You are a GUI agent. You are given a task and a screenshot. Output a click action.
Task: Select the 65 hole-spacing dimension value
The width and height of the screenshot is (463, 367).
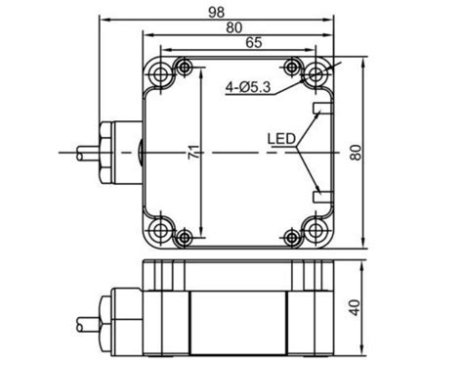252,42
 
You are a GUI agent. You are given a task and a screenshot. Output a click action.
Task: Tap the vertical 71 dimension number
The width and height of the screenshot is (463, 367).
194,152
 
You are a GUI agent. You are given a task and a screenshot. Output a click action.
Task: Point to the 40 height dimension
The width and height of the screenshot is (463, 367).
355,305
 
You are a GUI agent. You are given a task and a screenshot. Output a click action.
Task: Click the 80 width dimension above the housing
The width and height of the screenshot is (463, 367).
235,26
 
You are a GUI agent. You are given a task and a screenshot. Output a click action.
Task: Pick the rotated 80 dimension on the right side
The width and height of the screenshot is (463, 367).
355,152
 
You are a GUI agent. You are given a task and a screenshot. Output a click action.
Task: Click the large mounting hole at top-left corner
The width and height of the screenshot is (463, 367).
158,73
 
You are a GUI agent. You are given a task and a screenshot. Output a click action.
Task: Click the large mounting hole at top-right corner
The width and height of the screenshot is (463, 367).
316,73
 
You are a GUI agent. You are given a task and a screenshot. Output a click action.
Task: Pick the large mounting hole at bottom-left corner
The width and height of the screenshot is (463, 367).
158,231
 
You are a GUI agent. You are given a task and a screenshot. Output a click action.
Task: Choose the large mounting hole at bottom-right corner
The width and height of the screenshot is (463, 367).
316,231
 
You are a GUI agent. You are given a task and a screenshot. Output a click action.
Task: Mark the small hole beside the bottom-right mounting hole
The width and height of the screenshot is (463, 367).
290,237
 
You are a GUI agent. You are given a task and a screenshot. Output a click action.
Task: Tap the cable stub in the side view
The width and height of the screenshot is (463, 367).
86,319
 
